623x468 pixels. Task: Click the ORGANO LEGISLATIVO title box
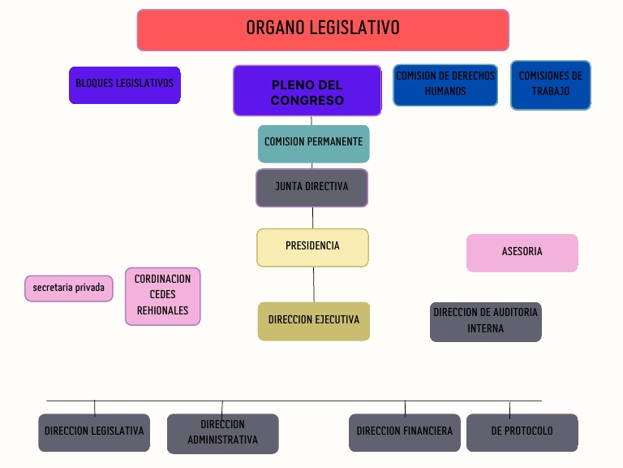[x=323, y=30]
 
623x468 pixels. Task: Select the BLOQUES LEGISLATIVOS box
[x=124, y=84]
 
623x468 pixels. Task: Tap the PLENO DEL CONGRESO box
[x=307, y=91]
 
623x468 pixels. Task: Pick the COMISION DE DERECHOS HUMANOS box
[x=445, y=84]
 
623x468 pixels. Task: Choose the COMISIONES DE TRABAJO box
[x=550, y=84]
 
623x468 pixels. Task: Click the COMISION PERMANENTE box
[x=313, y=143]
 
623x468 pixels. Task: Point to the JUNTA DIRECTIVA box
[x=311, y=188]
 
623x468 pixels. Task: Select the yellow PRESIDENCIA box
[x=312, y=247]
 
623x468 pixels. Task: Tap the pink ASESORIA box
[x=522, y=253]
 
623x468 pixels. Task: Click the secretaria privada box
[x=69, y=288]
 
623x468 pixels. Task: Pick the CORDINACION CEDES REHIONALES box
[x=162, y=296]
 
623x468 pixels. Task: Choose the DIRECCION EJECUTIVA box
[x=313, y=321]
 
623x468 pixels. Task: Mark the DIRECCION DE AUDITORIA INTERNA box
[x=485, y=322]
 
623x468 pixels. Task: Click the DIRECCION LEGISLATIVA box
[x=94, y=432]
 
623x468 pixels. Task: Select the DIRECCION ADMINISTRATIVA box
[x=222, y=433]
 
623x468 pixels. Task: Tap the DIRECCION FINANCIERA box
[x=405, y=432]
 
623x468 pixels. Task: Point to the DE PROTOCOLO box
[x=522, y=432]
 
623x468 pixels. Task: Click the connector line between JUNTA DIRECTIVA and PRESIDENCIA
[x=313, y=218]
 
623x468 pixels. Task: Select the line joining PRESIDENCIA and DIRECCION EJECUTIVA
[x=314, y=284]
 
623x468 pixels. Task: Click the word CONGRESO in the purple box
[x=307, y=101]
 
